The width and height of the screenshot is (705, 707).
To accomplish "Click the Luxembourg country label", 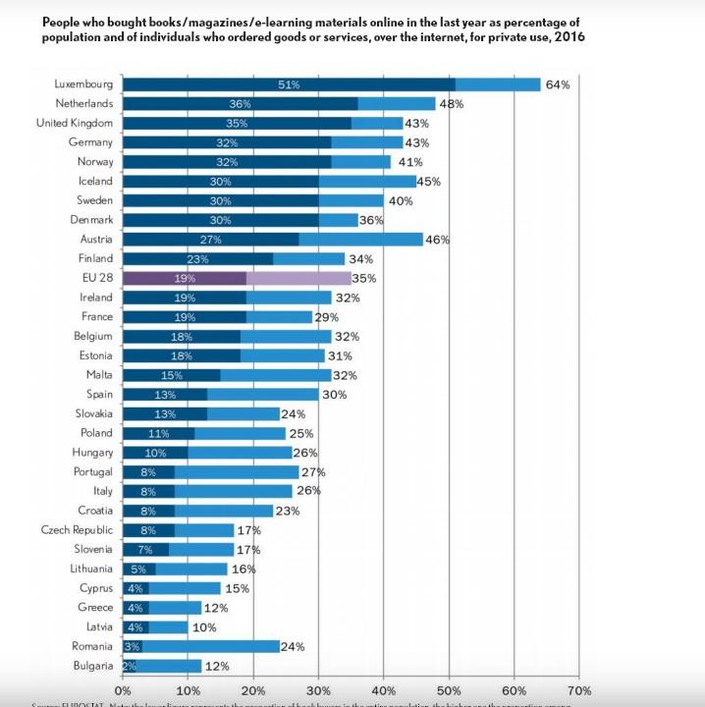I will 83,84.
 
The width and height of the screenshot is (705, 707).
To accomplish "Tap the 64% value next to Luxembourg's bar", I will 559,84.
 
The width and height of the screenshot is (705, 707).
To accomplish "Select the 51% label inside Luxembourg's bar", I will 289,84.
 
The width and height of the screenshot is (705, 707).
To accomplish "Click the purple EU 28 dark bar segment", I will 184,278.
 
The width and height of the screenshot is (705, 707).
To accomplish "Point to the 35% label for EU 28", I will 364,278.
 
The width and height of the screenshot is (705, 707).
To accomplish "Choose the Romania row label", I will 92,646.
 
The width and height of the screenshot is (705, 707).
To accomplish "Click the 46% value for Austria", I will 437,240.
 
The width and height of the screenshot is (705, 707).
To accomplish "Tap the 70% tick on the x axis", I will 579,690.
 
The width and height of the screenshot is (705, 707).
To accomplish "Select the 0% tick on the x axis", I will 124,690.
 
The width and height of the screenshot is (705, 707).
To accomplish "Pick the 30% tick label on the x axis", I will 318,690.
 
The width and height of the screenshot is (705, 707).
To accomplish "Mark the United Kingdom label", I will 75,123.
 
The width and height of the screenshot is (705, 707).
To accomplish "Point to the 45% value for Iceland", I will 429,182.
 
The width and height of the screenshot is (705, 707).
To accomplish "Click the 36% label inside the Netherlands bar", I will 240,104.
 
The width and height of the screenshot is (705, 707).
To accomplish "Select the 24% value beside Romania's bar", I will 293,646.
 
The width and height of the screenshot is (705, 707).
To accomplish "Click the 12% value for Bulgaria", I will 216,666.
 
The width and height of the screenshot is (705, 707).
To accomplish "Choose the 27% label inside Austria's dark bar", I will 210,240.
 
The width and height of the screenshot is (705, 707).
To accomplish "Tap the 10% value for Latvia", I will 204,626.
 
